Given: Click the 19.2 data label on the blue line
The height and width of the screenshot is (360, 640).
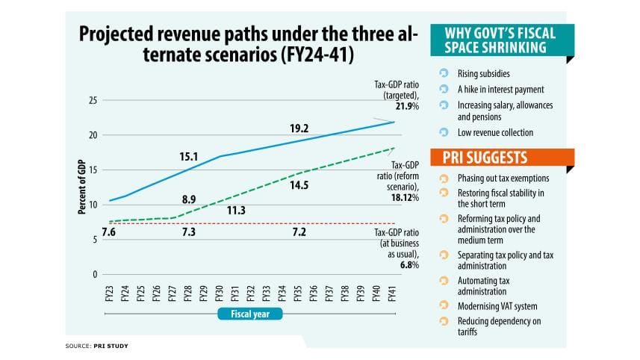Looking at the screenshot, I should click(x=299, y=128).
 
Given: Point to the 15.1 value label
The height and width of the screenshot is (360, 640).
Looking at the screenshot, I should click(x=188, y=157).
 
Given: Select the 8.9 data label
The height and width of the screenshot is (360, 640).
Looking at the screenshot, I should click(x=188, y=199).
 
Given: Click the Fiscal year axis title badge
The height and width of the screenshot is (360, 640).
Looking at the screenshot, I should click(x=250, y=314).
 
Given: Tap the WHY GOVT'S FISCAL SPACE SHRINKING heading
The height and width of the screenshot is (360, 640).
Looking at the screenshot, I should click(x=493, y=40).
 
